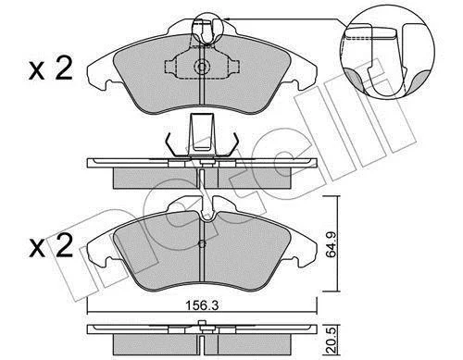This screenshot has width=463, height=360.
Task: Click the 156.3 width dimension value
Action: (202, 305)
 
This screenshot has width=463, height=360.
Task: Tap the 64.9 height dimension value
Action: (331, 244)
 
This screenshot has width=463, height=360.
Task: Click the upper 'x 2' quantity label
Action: (51, 69)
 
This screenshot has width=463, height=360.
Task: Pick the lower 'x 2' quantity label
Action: (51, 246)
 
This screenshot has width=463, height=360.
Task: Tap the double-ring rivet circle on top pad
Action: (202, 67)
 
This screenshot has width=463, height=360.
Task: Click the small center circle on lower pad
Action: (202, 244)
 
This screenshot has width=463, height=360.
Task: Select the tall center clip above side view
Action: (202, 135)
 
